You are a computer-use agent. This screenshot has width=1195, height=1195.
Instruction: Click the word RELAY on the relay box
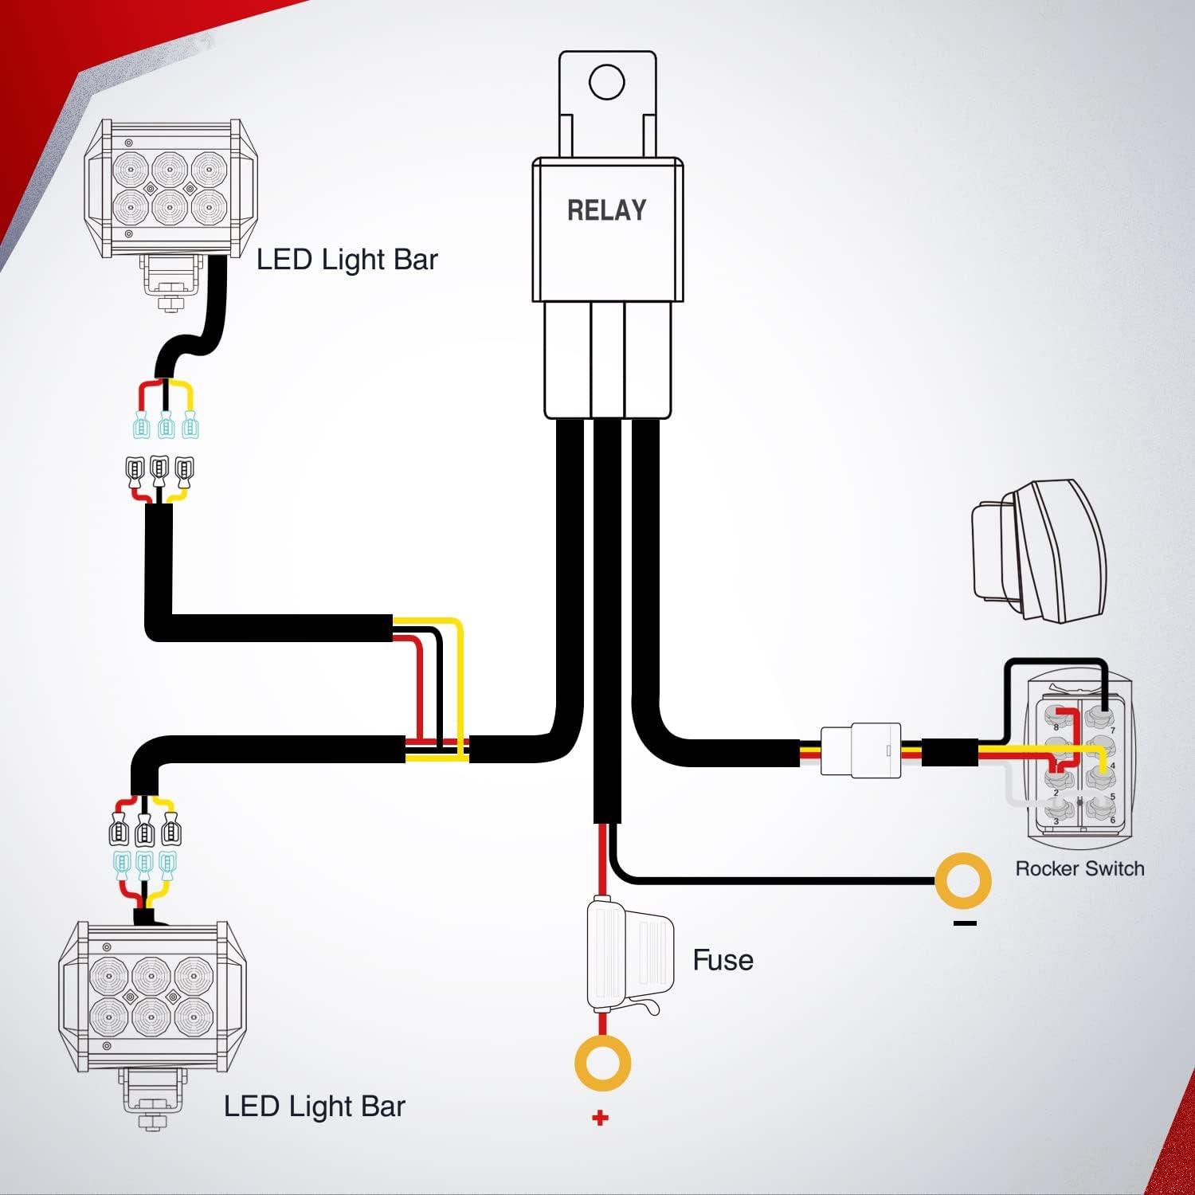pyautogui.click(x=606, y=210)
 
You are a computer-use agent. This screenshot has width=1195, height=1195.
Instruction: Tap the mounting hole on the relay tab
pyautogui.click(x=607, y=82)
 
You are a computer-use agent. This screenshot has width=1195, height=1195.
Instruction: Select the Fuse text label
pyautogui.click(x=723, y=960)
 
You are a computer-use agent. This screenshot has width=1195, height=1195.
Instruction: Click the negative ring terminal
pyautogui.click(x=963, y=880)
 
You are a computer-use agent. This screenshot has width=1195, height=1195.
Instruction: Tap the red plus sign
pyautogui.click(x=601, y=1119)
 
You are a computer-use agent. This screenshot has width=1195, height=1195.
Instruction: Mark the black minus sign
pyautogui.click(x=965, y=923)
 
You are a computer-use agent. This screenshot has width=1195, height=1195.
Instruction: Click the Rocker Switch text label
pyautogui.click(x=1079, y=868)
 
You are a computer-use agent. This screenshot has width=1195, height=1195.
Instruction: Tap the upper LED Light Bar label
pyautogui.click(x=347, y=260)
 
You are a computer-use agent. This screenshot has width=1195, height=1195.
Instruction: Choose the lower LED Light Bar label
pyautogui.click(x=315, y=1107)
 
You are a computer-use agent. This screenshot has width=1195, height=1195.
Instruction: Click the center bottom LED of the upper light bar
pyautogui.click(x=169, y=206)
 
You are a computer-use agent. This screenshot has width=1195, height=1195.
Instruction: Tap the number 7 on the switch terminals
pyautogui.click(x=1113, y=730)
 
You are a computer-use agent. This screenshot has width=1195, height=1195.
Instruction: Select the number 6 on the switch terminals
pyautogui.click(x=1113, y=821)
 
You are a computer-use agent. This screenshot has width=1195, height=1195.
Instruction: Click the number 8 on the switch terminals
pyautogui.click(x=1056, y=727)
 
